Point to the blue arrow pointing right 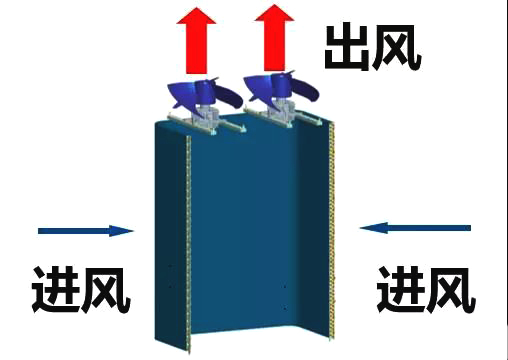point(85,231)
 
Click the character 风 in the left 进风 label point(105,290)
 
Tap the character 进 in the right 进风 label point(399,290)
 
